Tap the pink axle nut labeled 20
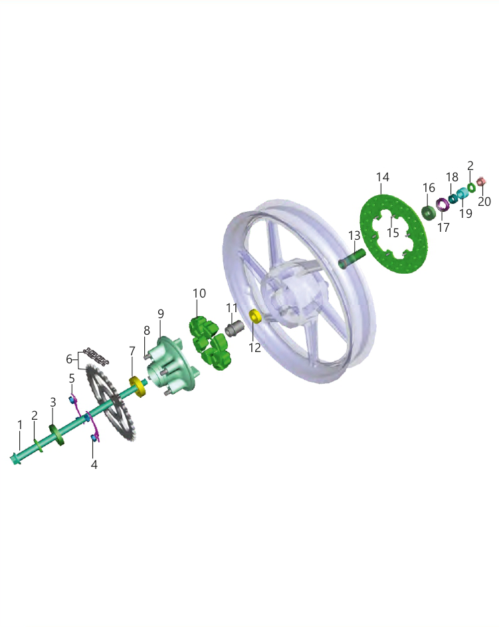point(482,182)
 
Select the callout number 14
point(383,177)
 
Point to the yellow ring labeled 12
point(255,315)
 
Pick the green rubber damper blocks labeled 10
point(209,343)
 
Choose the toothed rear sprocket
point(113,404)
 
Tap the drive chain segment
point(96,357)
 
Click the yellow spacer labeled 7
point(138,387)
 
